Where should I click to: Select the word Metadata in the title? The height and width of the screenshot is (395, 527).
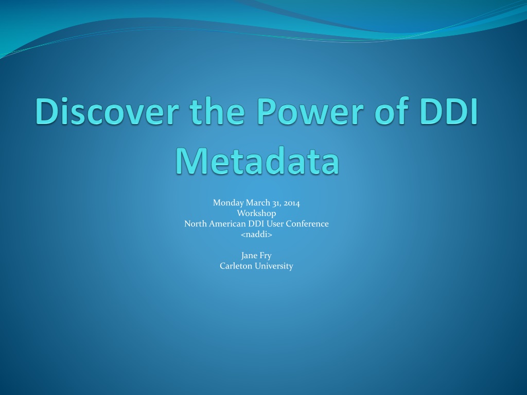(257, 160)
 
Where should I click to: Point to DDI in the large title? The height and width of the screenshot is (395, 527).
(448, 111)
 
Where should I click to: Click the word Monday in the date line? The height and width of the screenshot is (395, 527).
(228, 203)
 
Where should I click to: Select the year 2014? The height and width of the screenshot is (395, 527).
(292, 203)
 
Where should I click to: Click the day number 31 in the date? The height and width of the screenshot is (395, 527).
(277, 203)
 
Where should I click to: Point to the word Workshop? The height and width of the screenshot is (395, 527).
(256, 213)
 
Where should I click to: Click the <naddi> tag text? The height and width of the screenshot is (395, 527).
(256, 234)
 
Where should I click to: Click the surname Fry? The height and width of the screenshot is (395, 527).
(265, 256)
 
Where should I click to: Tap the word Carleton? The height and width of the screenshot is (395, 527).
(236, 266)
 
